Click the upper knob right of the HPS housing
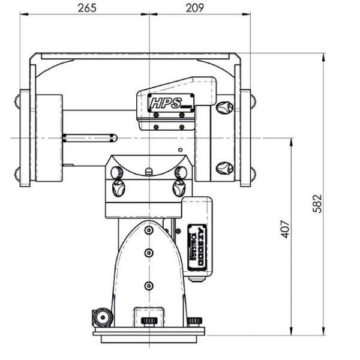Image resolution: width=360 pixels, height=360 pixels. pos(224,108)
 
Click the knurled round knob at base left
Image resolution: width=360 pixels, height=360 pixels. pos(101,316)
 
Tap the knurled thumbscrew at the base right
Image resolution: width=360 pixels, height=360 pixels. pos(195,321)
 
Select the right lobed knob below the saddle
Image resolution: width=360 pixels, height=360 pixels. pos(178,187)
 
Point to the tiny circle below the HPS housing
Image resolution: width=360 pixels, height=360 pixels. pos(178,149)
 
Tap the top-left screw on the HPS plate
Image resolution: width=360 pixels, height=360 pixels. pos(147,96)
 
